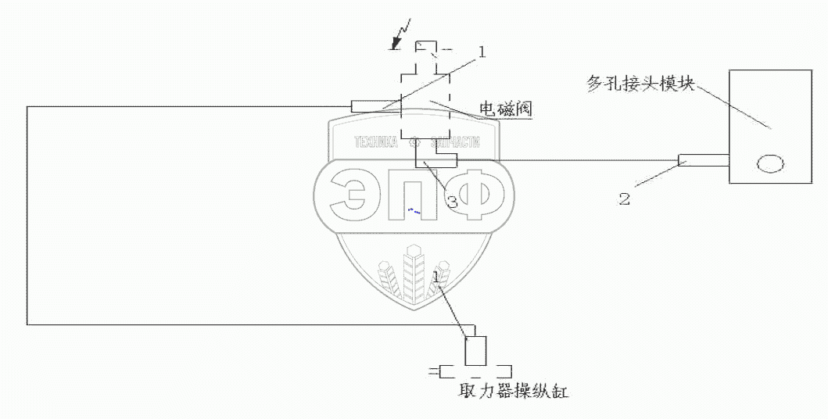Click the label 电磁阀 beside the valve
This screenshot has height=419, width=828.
point(506,110)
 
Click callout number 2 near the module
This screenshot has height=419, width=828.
point(624,199)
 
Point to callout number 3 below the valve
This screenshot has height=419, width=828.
point(451,201)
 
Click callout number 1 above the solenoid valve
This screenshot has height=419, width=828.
point(482,52)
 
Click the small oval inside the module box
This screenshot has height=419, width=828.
point(769,164)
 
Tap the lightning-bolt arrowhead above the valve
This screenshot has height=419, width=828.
point(396,46)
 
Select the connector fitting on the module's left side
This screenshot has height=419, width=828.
point(703,161)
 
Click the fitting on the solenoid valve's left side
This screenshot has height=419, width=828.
point(375,106)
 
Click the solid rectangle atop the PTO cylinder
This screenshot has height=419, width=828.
point(475,351)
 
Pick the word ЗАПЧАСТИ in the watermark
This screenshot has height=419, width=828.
point(451,144)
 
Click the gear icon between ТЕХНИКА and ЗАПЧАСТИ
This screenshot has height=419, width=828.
point(414,144)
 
